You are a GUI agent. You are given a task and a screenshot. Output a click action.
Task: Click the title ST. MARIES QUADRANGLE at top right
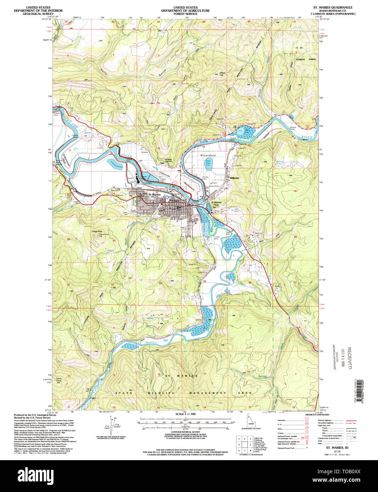[x=333, y=7]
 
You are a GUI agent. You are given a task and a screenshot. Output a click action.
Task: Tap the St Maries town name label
[x=154, y=194]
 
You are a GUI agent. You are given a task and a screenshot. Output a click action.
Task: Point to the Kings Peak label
[x=97, y=231]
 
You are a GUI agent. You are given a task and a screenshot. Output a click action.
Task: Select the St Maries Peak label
[x=216, y=204]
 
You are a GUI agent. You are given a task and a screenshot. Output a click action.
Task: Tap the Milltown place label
[x=235, y=178]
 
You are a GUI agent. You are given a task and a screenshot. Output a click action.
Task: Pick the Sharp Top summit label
[x=221, y=74]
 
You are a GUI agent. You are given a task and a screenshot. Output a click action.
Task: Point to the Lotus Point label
[x=59, y=379]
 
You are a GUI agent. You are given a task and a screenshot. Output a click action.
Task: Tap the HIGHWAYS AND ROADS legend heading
[x=316, y=414]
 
